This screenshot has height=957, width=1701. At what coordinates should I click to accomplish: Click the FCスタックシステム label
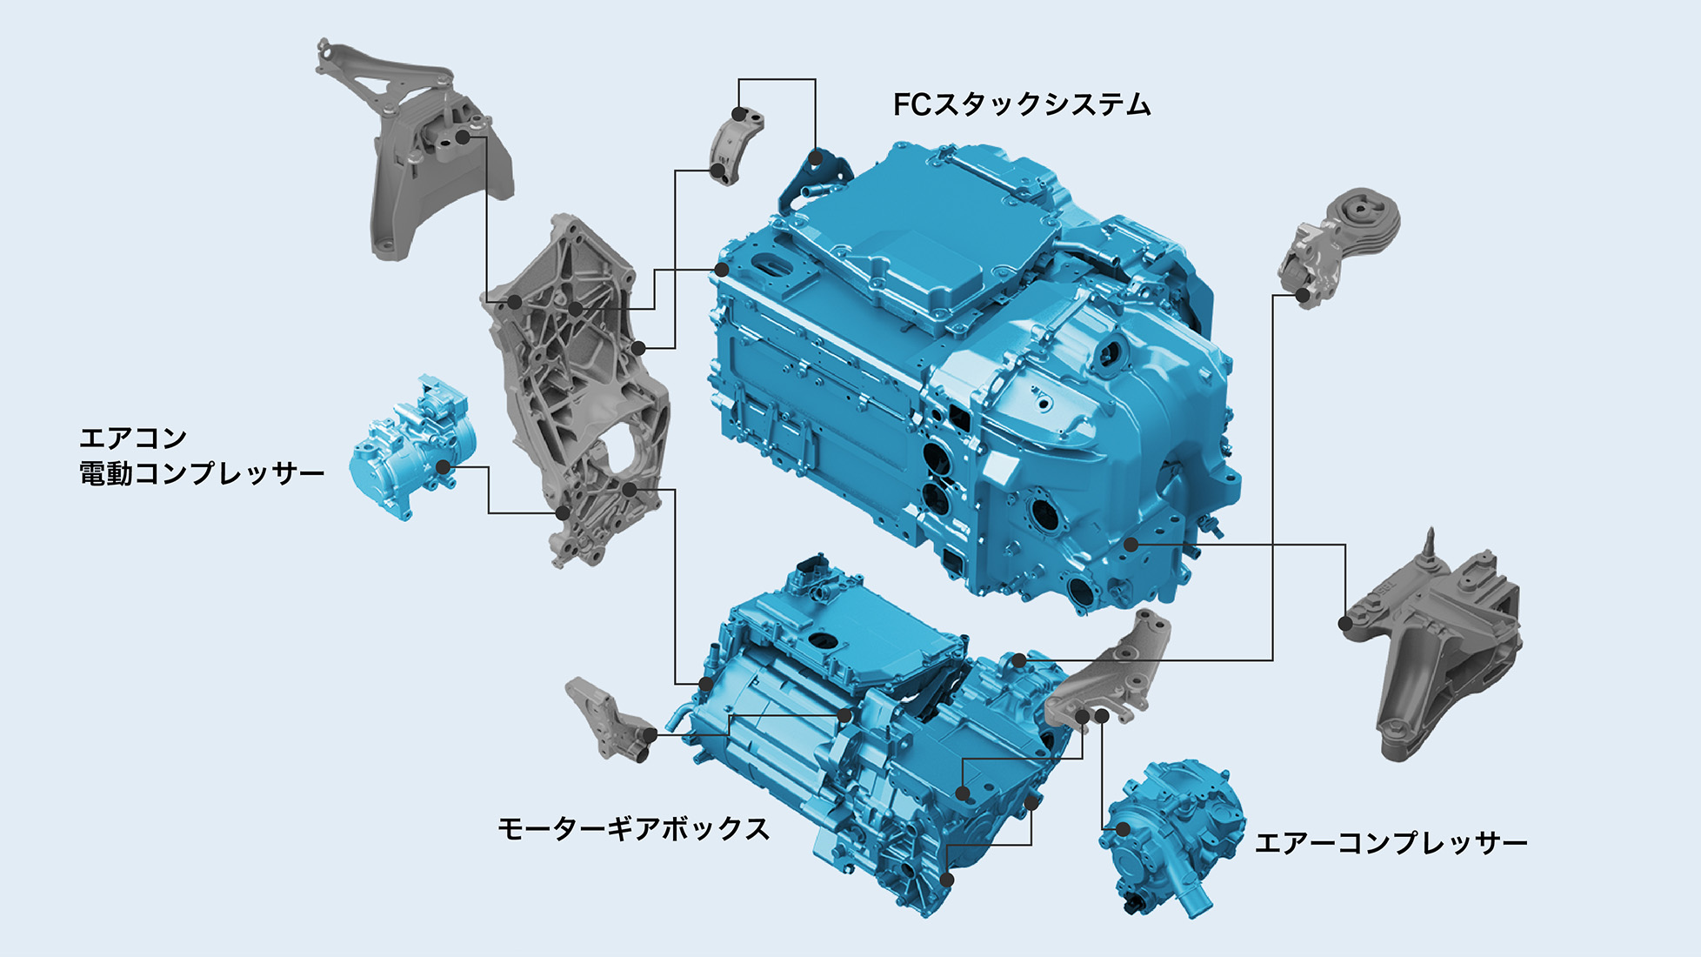(1022, 105)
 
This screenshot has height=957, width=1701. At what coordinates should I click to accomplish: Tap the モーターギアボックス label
(633, 828)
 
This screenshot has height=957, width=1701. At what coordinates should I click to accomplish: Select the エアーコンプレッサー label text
(1391, 843)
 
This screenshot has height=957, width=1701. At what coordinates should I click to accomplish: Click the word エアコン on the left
(133, 438)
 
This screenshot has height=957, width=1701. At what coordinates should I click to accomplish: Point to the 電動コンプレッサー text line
(202, 474)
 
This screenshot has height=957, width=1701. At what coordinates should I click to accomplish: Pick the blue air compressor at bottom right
(1170, 835)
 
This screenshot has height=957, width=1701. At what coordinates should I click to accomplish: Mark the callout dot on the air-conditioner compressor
(443, 467)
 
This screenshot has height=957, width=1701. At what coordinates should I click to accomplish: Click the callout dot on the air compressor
(1123, 829)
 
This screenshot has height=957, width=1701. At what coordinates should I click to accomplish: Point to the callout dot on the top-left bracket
(463, 137)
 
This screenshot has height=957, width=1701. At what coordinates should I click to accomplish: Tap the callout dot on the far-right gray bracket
(1345, 624)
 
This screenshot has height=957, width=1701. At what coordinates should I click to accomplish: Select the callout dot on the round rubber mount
(1303, 296)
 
